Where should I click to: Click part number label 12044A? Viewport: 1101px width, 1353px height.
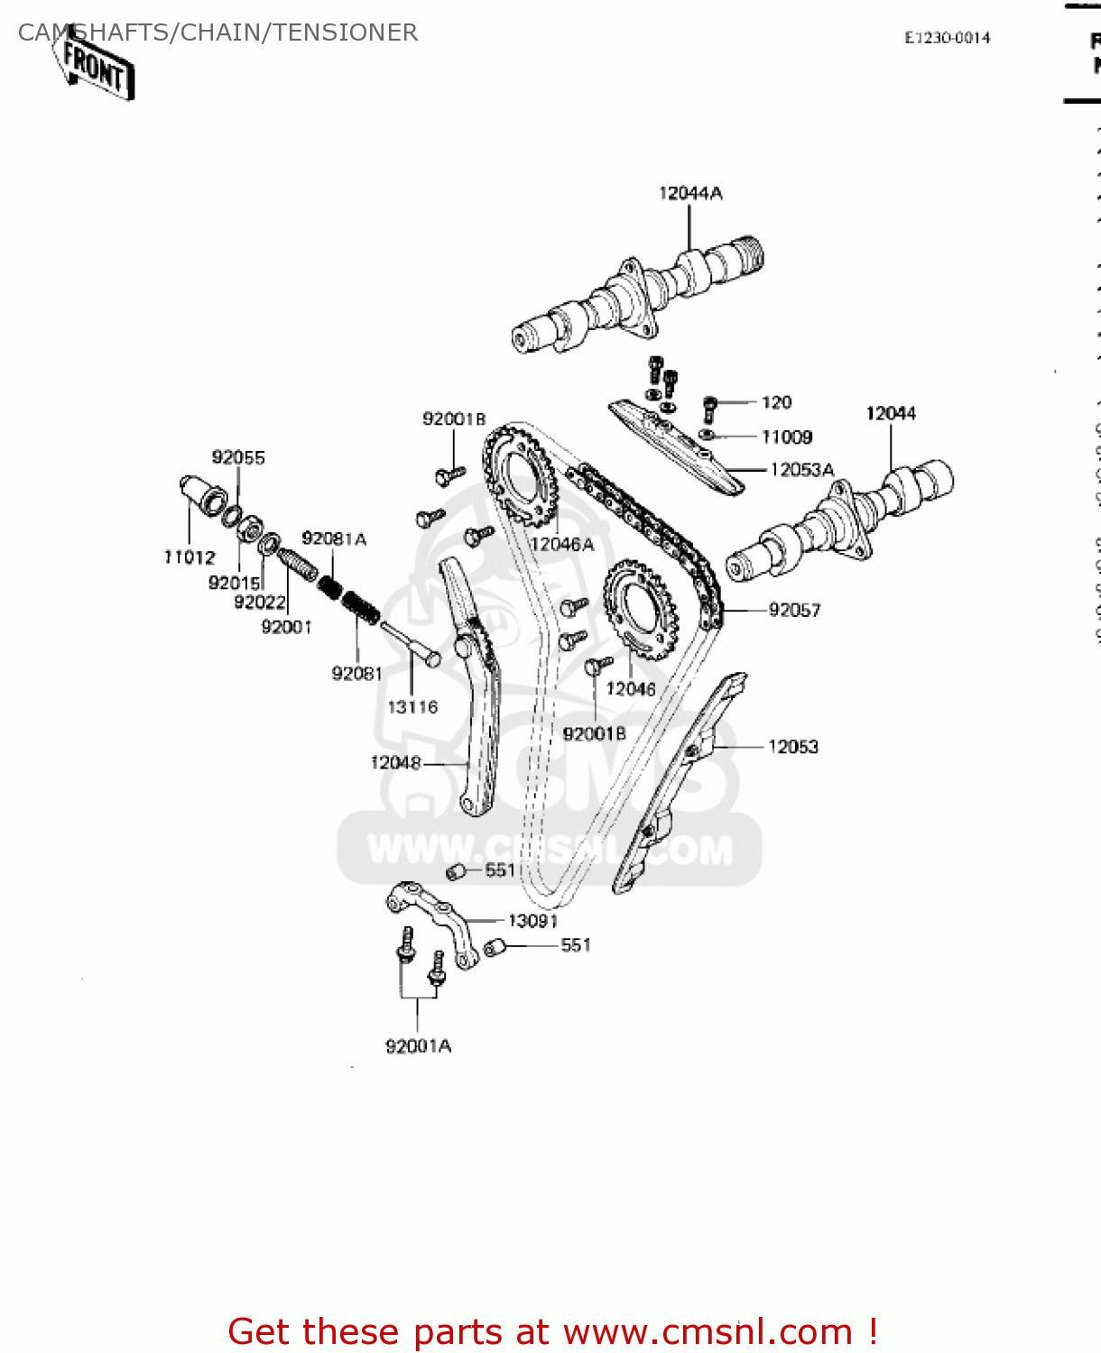(x=690, y=193)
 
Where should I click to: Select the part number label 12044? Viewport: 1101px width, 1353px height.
(x=891, y=413)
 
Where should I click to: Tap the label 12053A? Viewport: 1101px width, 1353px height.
(x=801, y=470)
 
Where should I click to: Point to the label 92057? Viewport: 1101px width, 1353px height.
(x=794, y=611)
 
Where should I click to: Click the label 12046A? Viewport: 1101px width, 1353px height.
(x=562, y=545)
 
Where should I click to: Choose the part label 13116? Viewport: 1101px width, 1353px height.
(x=412, y=707)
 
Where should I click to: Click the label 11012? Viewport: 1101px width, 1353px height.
(x=190, y=557)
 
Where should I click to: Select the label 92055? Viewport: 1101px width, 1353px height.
(x=238, y=457)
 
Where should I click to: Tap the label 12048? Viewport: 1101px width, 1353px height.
(x=395, y=763)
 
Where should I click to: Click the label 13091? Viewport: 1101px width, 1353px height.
(x=532, y=921)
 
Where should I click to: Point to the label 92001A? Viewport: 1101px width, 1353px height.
(x=418, y=1046)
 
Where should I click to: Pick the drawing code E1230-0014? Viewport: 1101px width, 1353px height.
(x=948, y=37)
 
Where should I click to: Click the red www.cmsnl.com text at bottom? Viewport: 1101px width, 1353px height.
(x=708, y=1331)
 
